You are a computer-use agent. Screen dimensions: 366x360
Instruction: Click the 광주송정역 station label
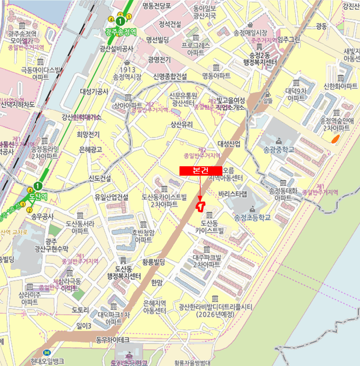click(x=120, y=31)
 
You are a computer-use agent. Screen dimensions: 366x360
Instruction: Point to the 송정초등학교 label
click(x=253, y=218)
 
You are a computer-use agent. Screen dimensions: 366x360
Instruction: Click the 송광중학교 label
click(x=279, y=149)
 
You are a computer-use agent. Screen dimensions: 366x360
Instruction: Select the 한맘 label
click(x=156, y=282)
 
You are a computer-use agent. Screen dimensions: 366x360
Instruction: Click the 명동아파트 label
click(x=216, y=76)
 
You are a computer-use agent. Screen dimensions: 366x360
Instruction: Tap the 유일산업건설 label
click(x=111, y=197)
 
